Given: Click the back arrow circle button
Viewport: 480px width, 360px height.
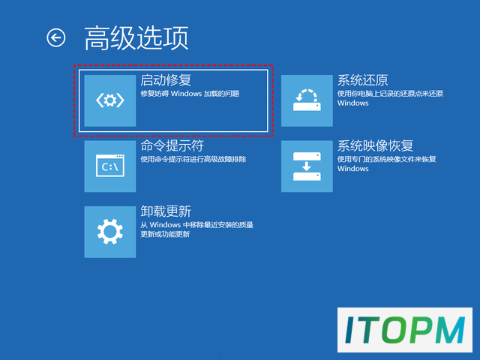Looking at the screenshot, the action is tap(56, 37).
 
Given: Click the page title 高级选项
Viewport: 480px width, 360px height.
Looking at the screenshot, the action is tap(136, 38).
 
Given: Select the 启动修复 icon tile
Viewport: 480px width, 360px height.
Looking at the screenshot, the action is tap(110, 100).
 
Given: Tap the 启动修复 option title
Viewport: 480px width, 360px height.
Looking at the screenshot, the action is tap(166, 80).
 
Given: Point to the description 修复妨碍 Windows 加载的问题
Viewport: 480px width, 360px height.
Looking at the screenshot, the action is tap(190, 93).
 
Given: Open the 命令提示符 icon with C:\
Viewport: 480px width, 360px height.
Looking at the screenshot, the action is tap(110, 166).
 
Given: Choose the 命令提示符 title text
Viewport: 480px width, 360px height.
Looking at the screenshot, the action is tap(172, 145).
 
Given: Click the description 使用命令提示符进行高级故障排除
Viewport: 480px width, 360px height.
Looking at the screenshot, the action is tap(193, 159).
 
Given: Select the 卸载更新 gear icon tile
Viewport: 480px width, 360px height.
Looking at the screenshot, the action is tap(110, 232).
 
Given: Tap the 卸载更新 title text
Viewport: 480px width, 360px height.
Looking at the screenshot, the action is tap(166, 211).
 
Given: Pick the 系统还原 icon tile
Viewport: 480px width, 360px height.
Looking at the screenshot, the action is tap(307, 100).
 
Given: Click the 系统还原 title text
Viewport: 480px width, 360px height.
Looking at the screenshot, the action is tap(363, 80).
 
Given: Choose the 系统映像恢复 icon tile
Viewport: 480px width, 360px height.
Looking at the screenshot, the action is tap(307, 166).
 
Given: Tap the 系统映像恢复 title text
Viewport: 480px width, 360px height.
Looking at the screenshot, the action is tap(375, 145).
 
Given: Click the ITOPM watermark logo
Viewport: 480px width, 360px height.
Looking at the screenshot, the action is tap(405, 330).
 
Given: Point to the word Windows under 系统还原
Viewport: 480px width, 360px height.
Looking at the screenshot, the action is tap(353, 103).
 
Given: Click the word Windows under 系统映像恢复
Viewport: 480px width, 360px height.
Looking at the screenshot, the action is tap(353, 169).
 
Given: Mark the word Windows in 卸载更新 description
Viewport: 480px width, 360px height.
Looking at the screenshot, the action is tap(165, 225).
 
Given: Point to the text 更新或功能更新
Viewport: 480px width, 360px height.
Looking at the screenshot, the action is tap(165, 234).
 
